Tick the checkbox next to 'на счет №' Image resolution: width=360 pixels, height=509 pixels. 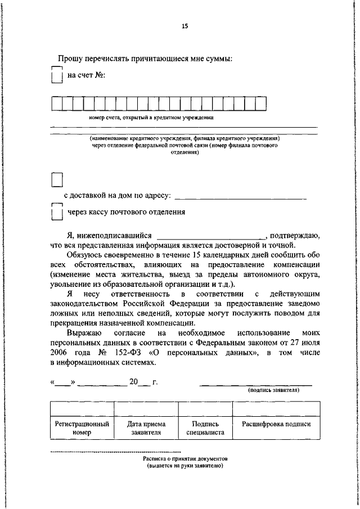[56, 75]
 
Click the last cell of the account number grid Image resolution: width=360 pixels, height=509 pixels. [260, 104]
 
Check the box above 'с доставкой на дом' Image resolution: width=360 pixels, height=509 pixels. [57, 179]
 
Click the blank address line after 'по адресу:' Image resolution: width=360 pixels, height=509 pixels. [241, 196]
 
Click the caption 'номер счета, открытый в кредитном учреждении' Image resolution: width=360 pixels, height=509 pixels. [150, 118]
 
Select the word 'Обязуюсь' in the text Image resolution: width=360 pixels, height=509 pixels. [83, 255]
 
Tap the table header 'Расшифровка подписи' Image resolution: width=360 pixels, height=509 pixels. [276, 424]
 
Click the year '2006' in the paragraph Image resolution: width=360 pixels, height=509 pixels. [60, 353]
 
